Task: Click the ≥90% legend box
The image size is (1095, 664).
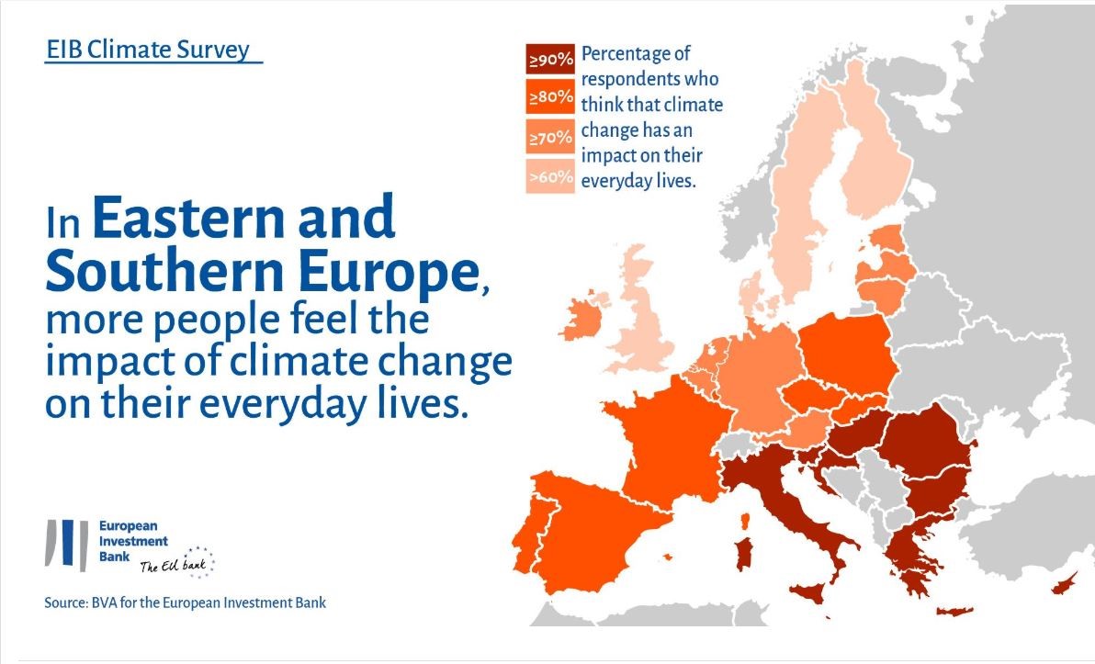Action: pos(550,60)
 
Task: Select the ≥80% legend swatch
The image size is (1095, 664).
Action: pos(550,97)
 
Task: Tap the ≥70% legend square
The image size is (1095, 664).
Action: pos(550,137)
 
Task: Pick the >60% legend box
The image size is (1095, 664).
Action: pos(550,176)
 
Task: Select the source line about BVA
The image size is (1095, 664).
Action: pos(185,602)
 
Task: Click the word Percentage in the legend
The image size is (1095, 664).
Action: pos(636,54)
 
